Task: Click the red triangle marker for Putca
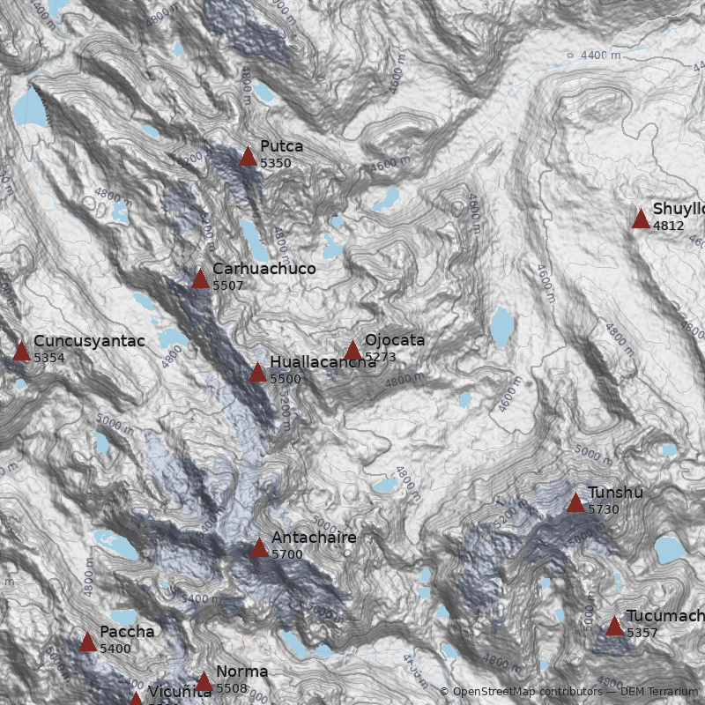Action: (x=249, y=157)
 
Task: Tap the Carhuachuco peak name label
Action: (x=263, y=269)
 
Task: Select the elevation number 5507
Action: (x=228, y=286)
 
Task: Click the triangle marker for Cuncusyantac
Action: (x=21, y=352)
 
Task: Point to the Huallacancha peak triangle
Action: (x=257, y=373)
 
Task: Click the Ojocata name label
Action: (x=395, y=340)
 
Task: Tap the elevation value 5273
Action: (x=381, y=357)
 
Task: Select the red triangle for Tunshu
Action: (x=575, y=503)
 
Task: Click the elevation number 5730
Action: (x=604, y=509)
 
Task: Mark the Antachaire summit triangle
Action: (x=259, y=548)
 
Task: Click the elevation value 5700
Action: (x=287, y=554)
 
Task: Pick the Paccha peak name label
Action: (x=127, y=632)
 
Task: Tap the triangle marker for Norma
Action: (x=204, y=682)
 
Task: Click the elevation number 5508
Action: (x=232, y=688)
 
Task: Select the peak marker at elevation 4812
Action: (x=641, y=219)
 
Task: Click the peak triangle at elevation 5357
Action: (x=614, y=627)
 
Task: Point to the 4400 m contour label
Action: (x=600, y=56)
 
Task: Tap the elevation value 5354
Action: (x=49, y=358)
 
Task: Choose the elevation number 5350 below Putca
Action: (x=276, y=163)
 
